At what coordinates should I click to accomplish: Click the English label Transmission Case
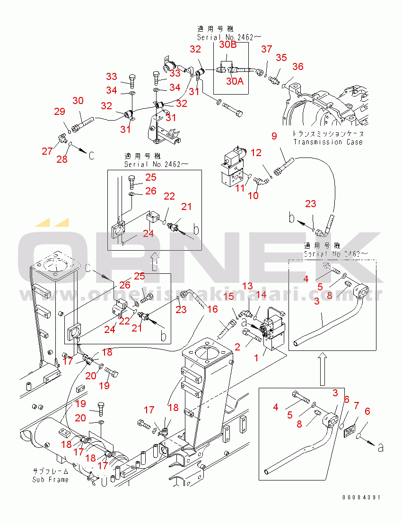pyautogui.click(x=328, y=142)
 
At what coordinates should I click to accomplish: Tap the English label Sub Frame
pyautogui.click(x=50, y=480)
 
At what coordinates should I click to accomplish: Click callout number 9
pyautogui.click(x=274, y=137)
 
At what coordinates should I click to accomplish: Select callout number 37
pyautogui.click(x=267, y=49)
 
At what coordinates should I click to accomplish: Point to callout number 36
pyautogui.click(x=297, y=67)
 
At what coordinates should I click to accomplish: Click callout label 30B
pyautogui.click(x=227, y=44)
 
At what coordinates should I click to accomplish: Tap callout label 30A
pyautogui.click(x=235, y=81)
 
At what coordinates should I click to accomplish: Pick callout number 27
pyautogui.click(x=47, y=151)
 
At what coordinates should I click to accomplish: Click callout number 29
pyautogui.click(x=59, y=112)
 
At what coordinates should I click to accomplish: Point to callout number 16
pyautogui.click(x=212, y=309)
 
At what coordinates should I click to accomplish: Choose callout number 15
pyautogui.click(x=228, y=297)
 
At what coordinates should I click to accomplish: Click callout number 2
pyautogui.click(x=237, y=347)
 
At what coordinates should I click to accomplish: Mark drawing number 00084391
pyautogui.click(x=362, y=498)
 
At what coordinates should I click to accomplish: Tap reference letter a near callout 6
pyautogui.click(x=381, y=446)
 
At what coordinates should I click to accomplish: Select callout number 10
pyautogui.click(x=253, y=195)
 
